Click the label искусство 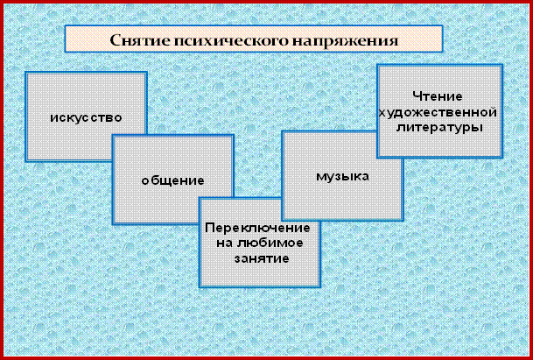point(86,117)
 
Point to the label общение point(172,180)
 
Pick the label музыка point(343,176)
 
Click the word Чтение point(438,96)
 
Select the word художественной point(438,112)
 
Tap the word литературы point(440,128)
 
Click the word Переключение point(257,228)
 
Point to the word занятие point(262,258)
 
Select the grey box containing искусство point(86,116)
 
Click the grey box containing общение point(172,180)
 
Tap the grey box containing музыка point(343,175)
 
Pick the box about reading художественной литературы point(440,111)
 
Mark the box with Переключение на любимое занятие point(260,243)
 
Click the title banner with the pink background point(254,39)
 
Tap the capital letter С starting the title point(116,40)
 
